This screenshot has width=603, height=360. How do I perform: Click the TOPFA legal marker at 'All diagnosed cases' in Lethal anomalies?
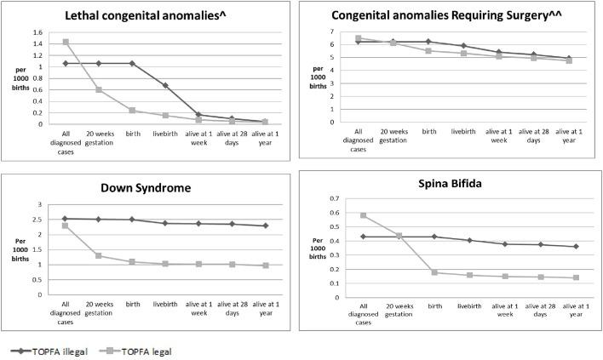coord(66,42)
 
